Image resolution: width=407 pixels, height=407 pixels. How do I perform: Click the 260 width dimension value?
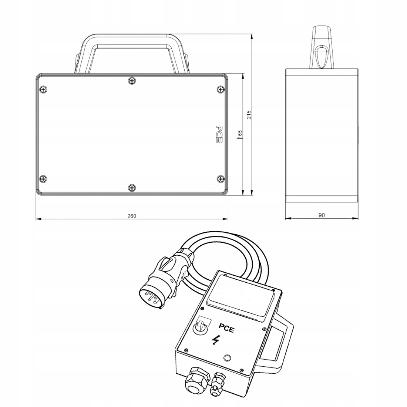[x=132, y=216]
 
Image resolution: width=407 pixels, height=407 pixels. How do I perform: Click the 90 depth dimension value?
[x=322, y=215]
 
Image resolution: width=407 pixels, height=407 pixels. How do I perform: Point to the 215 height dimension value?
[x=249, y=115]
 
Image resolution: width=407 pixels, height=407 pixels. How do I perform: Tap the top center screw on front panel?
[x=132, y=81]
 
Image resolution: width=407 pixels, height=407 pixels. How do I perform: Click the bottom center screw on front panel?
[x=132, y=188]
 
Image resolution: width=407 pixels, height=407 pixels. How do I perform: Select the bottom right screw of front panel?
[x=221, y=178]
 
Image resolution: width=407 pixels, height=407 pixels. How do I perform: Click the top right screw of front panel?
[x=221, y=90]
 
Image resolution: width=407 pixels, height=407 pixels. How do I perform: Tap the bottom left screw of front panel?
[x=43, y=179]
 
